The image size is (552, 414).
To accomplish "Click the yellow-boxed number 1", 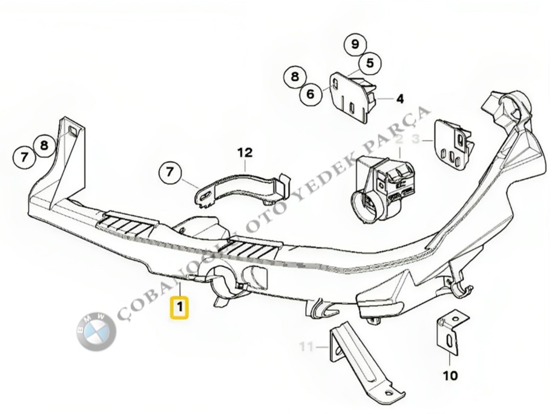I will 180,307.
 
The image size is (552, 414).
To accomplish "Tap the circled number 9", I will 355,44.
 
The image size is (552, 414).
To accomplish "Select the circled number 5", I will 370,62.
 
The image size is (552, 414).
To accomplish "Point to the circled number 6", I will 310,94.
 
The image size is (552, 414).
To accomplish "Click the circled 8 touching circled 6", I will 295,77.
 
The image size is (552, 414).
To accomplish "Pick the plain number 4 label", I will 400,99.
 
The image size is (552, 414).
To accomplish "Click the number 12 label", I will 245,152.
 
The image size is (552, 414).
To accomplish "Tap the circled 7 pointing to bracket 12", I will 170,173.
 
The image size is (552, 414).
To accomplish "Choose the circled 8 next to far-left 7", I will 44,145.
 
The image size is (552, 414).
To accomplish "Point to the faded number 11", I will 307,347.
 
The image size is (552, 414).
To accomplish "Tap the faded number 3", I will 415,140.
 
